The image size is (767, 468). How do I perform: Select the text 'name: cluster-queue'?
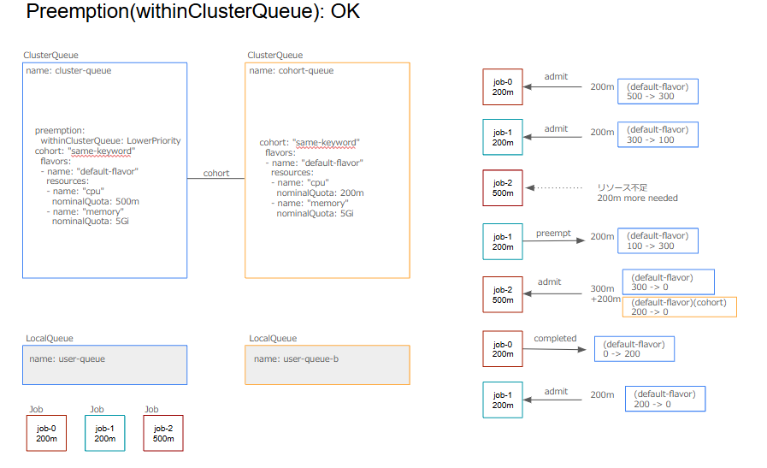[x=68, y=71]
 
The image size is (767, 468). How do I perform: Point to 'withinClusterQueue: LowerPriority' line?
[x=110, y=140]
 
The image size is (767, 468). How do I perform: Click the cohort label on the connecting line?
[x=215, y=174]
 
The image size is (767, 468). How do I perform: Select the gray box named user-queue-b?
[x=327, y=364]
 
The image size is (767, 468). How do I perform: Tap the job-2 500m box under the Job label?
[x=162, y=433]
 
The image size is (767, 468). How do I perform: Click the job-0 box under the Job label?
[x=46, y=433]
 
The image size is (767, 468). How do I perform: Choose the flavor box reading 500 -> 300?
[x=658, y=91]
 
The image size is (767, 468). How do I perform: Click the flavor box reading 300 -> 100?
[x=658, y=135]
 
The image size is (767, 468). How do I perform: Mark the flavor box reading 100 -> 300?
[x=658, y=240]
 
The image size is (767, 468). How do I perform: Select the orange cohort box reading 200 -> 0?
[x=683, y=307]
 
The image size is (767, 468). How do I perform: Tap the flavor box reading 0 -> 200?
[x=634, y=349]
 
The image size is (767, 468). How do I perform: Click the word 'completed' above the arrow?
[x=555, y=338]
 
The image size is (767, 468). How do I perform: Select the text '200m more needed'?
[x=637, y=198]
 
